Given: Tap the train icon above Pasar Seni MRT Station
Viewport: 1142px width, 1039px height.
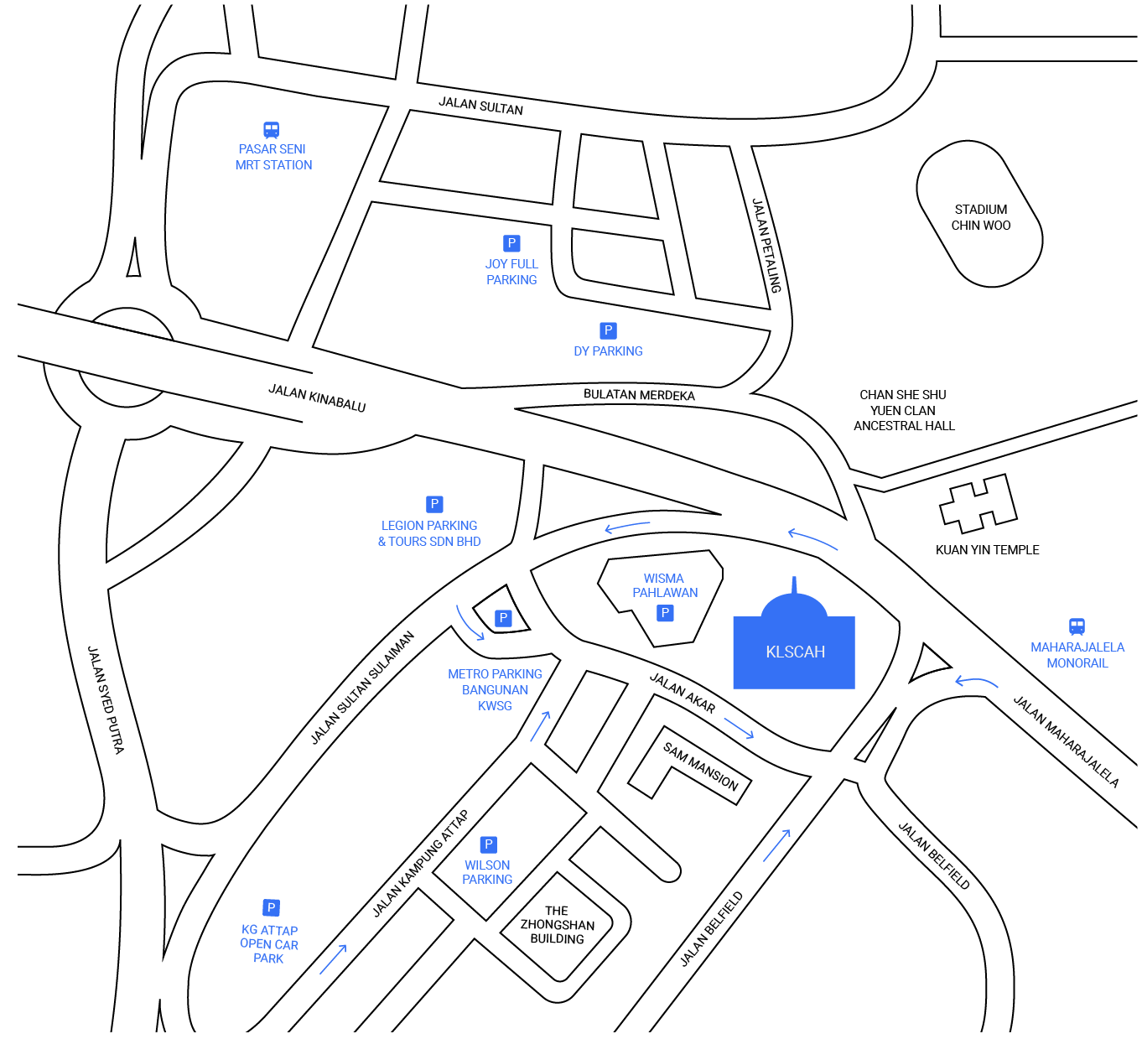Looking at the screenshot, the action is (271, 130).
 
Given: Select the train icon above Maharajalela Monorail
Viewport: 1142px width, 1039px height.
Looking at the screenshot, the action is (1077, 626).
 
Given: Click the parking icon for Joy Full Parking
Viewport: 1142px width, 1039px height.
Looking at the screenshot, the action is (511, 243).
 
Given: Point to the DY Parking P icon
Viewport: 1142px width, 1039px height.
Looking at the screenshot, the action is (608, 330).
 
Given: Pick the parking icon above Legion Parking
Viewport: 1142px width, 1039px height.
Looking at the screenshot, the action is (434, 504).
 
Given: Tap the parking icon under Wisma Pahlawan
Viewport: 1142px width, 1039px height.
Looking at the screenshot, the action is (665, 613).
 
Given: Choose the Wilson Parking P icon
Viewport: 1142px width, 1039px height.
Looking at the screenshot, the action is (489, 844).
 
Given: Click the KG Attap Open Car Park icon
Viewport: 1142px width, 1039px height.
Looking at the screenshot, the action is (271, 908).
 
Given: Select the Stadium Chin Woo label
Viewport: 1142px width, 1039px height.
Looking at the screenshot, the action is (980, 217).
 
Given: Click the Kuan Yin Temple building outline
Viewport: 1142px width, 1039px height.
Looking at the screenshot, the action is (978, 503).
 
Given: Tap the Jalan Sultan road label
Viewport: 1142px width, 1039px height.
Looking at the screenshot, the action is (480, 106).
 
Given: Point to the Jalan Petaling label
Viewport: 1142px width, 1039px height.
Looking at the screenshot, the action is (766, 246).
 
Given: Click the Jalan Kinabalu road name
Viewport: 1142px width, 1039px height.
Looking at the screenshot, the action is (317, 397).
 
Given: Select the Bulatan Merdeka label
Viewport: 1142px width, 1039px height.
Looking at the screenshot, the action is (639, 395).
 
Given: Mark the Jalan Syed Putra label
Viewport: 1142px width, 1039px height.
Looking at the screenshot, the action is (106, 700).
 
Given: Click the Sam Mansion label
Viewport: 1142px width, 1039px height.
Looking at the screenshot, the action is (700, 767).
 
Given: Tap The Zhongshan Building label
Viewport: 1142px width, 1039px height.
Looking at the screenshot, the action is (557, 925).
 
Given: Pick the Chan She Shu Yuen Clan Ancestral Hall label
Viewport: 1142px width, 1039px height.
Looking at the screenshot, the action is (904, 410).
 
